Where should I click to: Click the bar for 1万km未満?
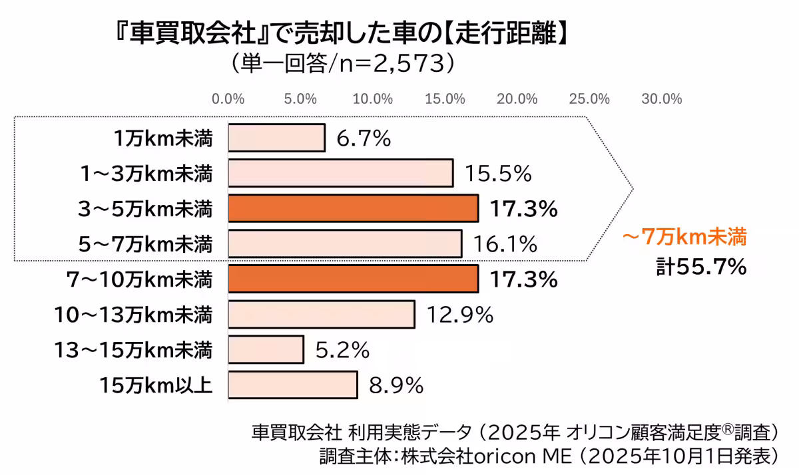(276, 138)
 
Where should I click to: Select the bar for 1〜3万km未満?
(340, 174)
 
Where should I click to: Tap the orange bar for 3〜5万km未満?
(353, 208)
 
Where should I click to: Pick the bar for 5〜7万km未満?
(345, 243)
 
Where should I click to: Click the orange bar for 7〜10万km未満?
(353, 279)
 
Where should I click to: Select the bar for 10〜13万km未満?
(321, 314)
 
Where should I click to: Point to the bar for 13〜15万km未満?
(266, 349)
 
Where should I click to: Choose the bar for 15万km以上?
(292, 385)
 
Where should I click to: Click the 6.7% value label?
(363, 139)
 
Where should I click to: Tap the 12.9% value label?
(460, 315)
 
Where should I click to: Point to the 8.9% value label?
(397, 385)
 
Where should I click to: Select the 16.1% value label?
(505, 244)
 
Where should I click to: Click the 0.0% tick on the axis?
(228, 99)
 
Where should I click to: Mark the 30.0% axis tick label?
(661, 99)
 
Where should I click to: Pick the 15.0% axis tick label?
(445, 99)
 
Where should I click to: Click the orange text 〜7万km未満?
(684, 236)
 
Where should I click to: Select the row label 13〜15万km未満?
(134, 349)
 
